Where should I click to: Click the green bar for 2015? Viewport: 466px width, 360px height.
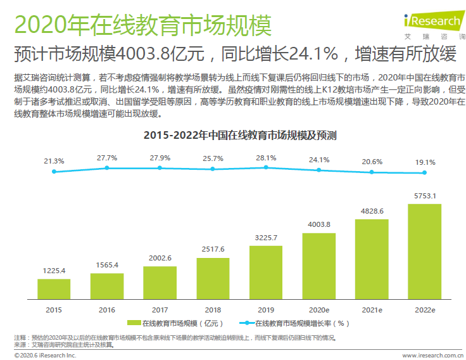click(54, 289)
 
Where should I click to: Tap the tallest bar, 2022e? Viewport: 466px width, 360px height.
click(425, 251)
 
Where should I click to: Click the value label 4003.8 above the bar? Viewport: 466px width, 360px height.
click(319, 224)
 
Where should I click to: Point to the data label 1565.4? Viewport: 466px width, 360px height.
click(107, 264)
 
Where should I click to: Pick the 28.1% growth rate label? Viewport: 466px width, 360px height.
click(266, 158)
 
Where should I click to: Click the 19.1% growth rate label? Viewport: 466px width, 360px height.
click(425, 162)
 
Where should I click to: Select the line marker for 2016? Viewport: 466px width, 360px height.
click(107, 168)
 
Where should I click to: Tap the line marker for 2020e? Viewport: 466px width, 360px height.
click(319, 170)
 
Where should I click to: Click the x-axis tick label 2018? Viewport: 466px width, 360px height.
click(213, 309)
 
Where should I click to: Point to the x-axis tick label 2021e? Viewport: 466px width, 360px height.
click(372, 309)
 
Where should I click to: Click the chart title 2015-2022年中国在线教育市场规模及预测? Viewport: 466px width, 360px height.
click(240, 135)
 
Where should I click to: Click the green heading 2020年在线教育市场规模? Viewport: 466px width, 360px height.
click(142, 26)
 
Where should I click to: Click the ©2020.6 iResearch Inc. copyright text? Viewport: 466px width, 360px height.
click(39, 356)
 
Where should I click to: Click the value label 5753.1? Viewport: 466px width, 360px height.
click(425, 196)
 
